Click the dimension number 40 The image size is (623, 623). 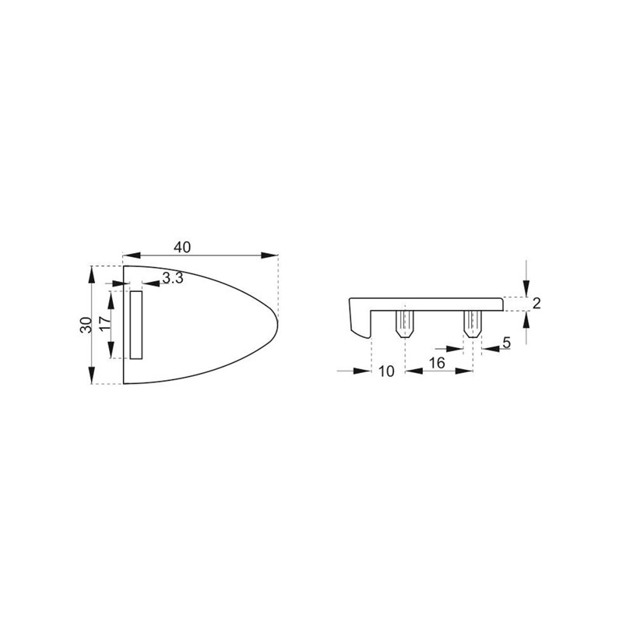point(182,247)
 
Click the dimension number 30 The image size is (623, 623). point(86,325)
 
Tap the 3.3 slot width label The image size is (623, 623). point(173,278)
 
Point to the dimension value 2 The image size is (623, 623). point(537,304)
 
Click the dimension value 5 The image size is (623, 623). point(506,343)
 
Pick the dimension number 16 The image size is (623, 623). point(437,363)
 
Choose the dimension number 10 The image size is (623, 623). point(385,371)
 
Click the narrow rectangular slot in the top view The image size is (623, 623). point(136,325)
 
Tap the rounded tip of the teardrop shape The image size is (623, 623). point(277,321)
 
